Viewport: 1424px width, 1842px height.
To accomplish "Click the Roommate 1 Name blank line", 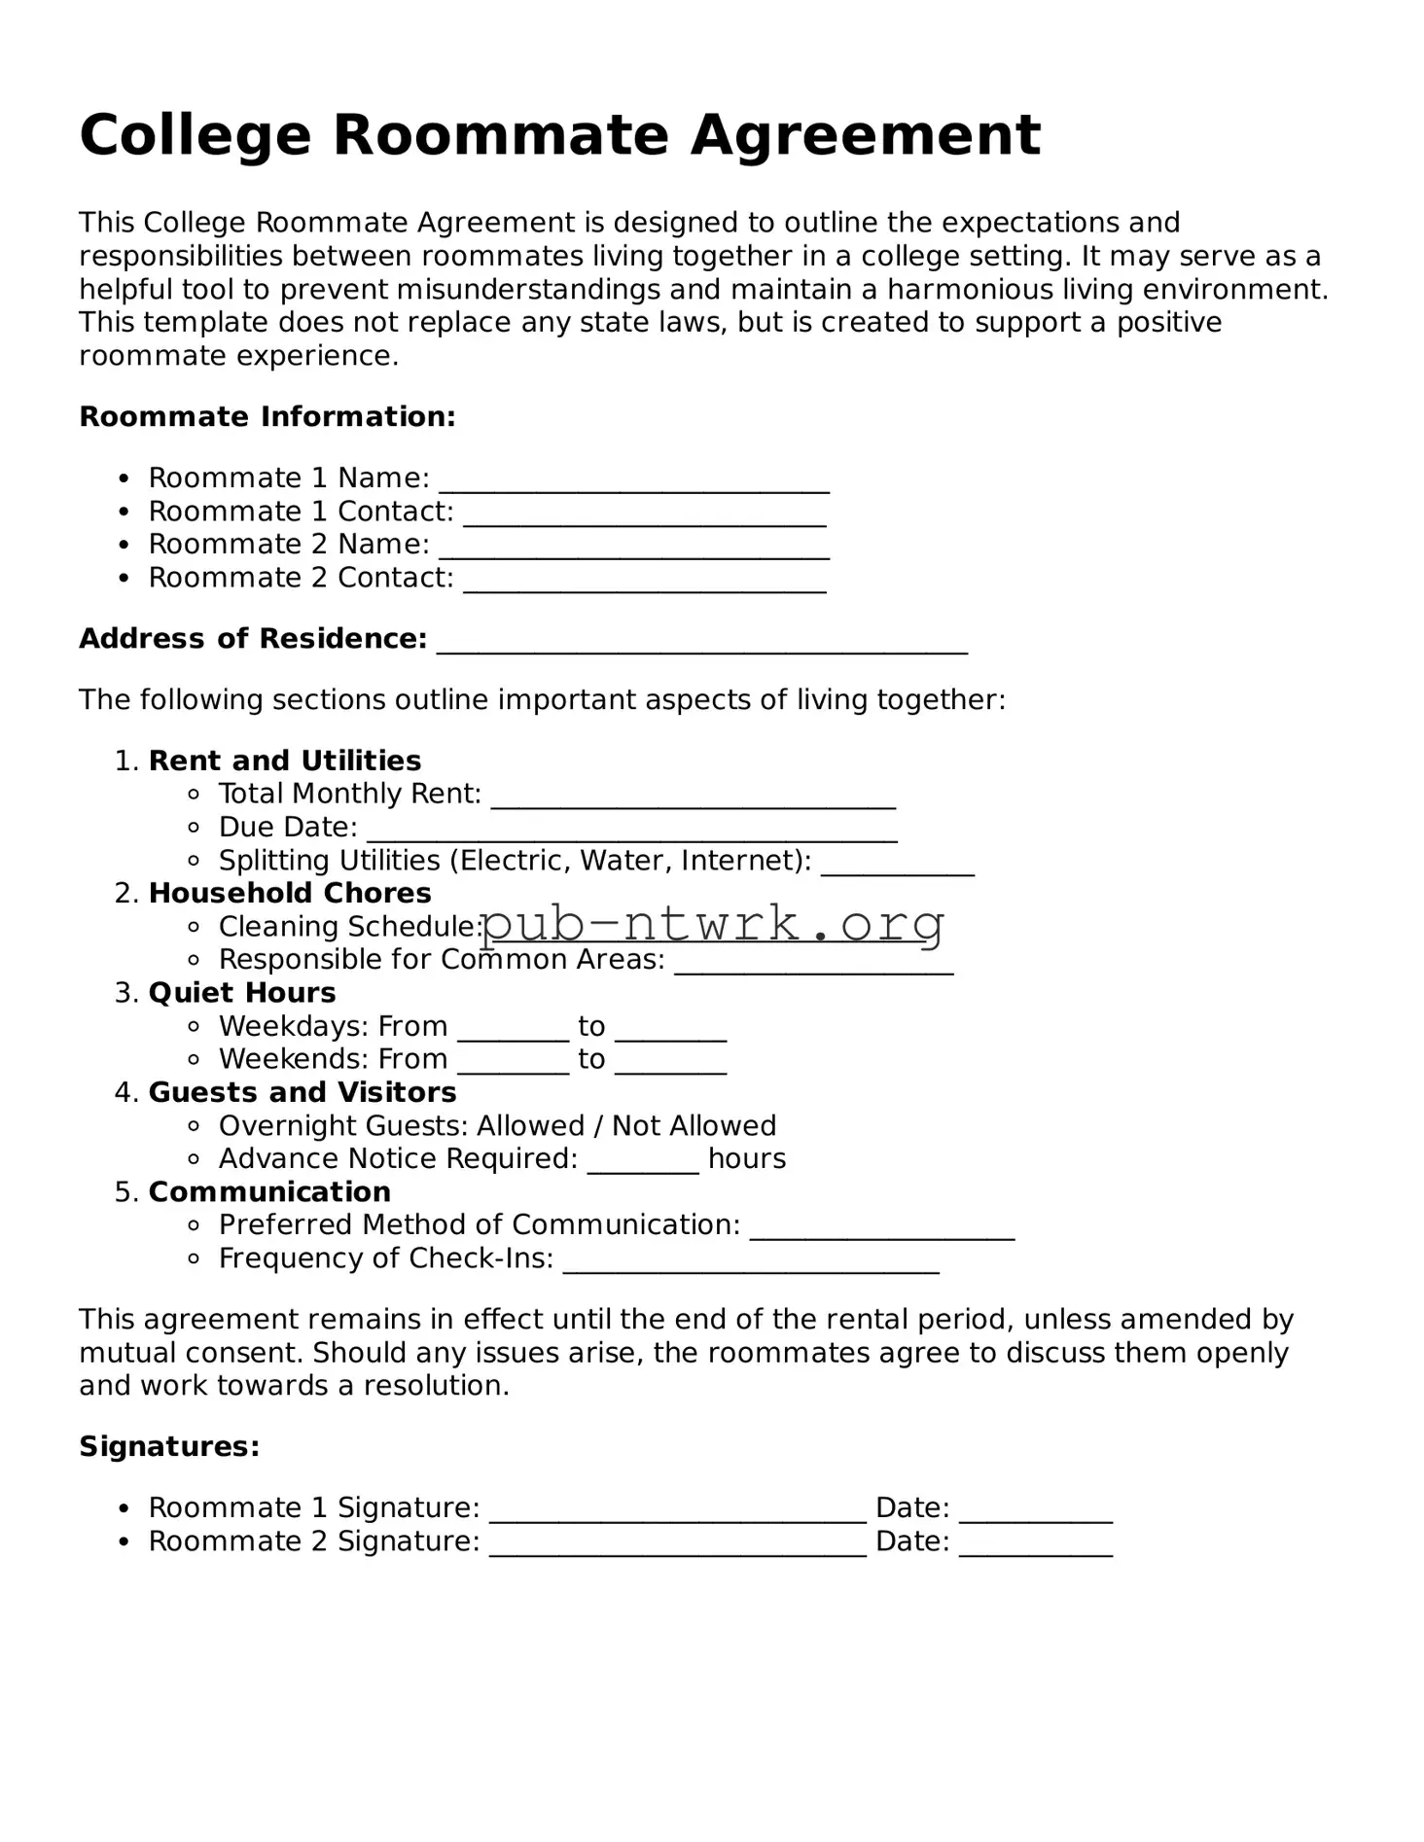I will (634, 486).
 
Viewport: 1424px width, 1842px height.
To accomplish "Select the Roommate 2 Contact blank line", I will (645, 585).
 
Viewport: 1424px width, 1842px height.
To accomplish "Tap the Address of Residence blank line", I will (702, 647).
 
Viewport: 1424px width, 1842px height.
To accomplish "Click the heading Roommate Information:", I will (267, 417).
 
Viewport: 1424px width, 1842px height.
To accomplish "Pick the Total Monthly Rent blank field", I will (694, 802).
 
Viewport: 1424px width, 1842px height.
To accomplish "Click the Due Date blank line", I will (632, 835).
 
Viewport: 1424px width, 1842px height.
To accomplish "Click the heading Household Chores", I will (290, 893).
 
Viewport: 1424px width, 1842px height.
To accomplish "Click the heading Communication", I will (269, 1191).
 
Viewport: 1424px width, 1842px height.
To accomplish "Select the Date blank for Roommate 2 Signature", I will (1035, 1549).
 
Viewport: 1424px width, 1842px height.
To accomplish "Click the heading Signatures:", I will (169, 1446).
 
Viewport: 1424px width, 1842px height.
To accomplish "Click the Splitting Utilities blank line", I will (897, 868).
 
